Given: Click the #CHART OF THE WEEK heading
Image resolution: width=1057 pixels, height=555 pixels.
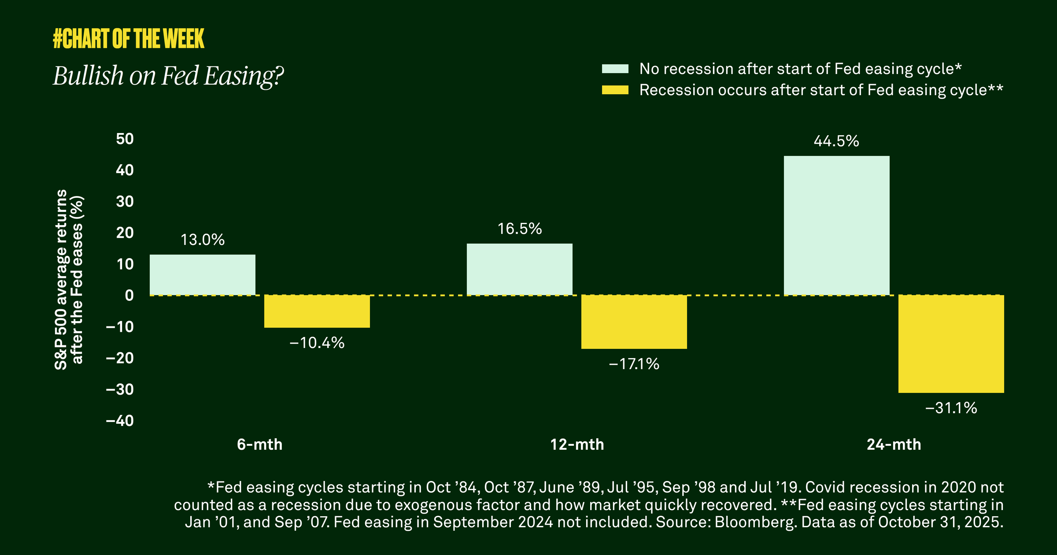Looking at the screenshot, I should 128,39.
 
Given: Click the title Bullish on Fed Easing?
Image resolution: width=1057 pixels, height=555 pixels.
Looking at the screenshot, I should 168,76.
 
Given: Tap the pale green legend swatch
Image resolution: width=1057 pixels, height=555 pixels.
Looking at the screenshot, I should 615,69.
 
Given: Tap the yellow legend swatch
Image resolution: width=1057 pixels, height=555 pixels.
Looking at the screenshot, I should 615,90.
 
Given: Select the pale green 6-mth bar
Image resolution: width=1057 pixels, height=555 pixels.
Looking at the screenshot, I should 202,275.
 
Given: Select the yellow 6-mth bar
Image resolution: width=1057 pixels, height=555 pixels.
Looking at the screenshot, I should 317,311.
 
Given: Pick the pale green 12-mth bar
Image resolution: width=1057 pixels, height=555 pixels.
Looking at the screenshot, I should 519,269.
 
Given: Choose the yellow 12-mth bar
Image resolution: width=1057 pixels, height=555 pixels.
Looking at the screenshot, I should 634,322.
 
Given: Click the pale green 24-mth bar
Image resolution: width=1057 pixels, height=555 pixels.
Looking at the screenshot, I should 836,226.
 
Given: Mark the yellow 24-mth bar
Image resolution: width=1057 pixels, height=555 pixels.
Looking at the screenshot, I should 951,344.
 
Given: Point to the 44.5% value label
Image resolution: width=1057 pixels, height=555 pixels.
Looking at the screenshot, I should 836,141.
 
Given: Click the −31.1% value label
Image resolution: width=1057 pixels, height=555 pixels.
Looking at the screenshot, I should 951,408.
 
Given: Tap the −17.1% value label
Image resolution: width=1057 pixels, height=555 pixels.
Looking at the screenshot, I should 634,364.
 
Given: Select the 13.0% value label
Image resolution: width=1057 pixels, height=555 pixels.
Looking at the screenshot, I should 202,240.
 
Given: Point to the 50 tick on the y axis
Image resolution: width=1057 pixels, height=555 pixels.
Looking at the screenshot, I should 125,139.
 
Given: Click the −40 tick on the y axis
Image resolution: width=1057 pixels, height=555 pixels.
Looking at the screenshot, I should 120,421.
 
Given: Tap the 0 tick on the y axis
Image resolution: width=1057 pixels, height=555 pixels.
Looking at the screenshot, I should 129,295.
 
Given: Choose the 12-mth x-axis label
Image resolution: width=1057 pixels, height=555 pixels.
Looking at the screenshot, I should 577,444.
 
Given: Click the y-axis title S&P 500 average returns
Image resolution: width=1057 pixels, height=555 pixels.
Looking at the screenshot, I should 61,280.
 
